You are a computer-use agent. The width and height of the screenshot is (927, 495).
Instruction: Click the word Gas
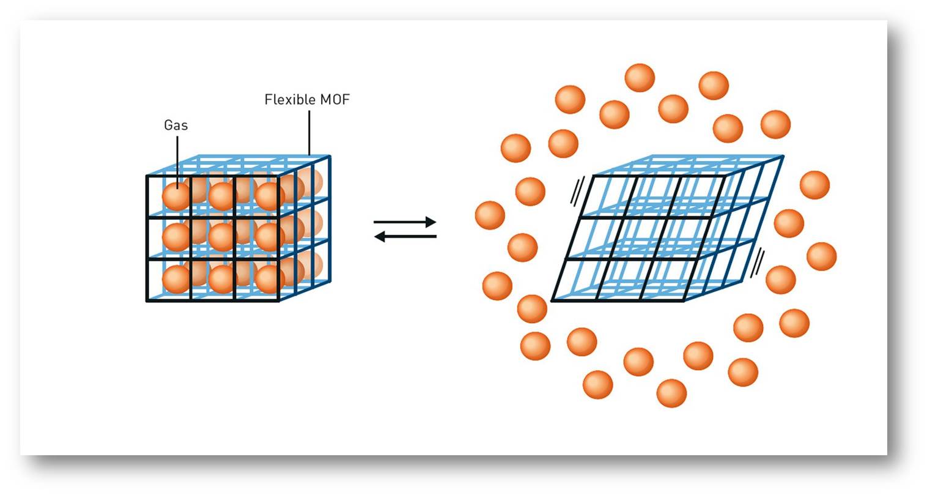coord(175,125)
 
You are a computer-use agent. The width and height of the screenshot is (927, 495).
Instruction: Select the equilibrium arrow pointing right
coord(405,221)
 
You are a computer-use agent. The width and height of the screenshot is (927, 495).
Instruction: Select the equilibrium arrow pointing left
coord(405,237)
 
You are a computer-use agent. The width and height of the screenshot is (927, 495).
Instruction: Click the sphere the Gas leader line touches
coord(177,196)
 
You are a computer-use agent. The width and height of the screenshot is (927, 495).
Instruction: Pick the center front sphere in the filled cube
coord(222,237)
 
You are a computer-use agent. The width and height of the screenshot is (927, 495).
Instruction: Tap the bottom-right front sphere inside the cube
coord(269,279)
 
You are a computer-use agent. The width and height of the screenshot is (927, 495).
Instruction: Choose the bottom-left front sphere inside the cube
coord(177,279)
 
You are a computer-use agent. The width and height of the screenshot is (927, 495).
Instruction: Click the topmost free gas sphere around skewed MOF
coord(640,78)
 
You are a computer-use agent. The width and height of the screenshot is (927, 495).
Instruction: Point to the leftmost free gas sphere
coord(490,215)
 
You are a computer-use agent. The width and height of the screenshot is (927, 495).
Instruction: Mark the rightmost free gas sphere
coord(821,256)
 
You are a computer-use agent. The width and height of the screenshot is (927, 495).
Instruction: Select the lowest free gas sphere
coord(671,393)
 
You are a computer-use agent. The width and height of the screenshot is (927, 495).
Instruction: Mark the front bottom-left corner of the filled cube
coord(147,300)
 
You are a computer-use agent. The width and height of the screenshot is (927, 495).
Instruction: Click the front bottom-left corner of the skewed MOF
coord(552,300)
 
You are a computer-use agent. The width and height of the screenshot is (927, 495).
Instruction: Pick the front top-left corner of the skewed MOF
coord(594,176)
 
